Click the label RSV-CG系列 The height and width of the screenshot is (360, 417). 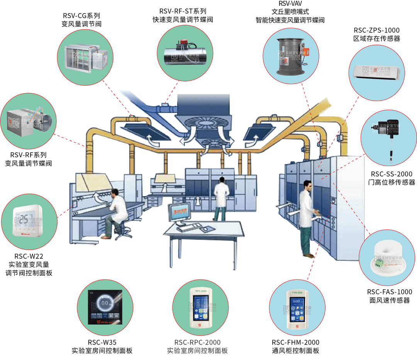pos(81,16)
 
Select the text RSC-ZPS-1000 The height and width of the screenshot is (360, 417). pos(376,30)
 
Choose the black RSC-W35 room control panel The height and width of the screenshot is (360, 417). pos(105,307)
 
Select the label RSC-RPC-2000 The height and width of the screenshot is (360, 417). pos(197,342)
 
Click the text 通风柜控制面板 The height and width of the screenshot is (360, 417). pos(295,351)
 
